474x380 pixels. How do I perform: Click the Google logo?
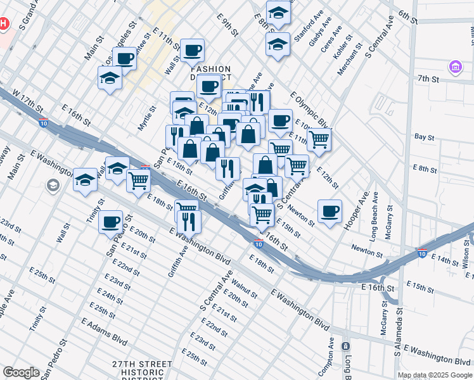(x=21, y=372)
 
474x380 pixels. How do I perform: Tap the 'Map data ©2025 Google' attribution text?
(x=435, y=375)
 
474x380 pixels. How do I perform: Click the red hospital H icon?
(x=3, y=24)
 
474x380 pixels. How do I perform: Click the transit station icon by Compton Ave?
(x=345, y=346)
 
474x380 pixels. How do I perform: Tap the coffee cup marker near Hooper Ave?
(x=329, y=211)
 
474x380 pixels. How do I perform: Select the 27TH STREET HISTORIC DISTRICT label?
(x=143, y=368)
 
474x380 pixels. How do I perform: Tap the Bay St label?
(x=423, y=136)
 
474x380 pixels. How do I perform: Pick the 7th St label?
(x=428, y=79)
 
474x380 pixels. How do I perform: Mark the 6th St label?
(x=408, y=17)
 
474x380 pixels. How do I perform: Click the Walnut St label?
(x=244, y=285)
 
